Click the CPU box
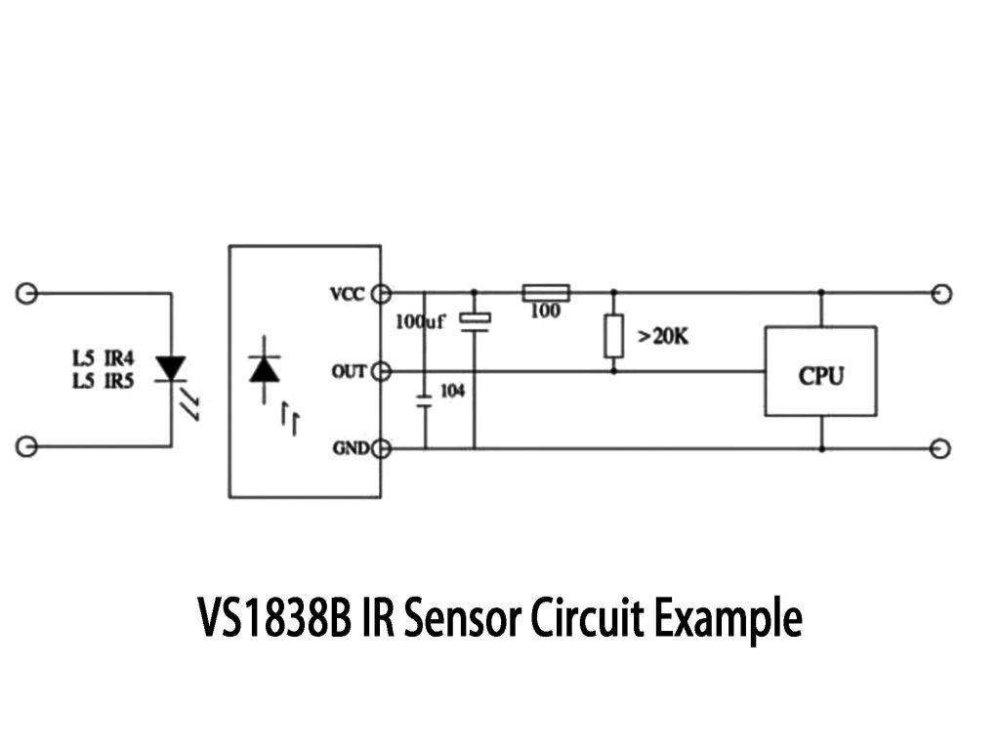click(820, 372)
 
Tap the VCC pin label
click(347, 293)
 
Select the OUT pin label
click(349, 371)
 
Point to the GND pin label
click(349, 448)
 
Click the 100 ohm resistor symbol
click(545, 292)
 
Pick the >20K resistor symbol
click(613, 336)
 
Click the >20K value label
click(663, 337)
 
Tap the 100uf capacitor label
click(420, 321)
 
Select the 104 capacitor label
click(452, 391)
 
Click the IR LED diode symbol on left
click(172, 368)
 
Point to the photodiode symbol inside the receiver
click(265, 369)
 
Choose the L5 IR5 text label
click(103, 381)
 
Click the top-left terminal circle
click(27, 293)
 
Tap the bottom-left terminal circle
click(27, 446)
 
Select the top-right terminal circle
click(941, 293)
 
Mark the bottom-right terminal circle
click(941, 448)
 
